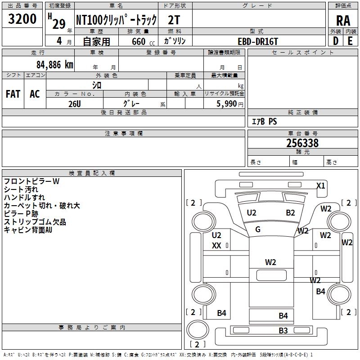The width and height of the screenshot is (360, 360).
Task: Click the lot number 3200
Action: [22, 19]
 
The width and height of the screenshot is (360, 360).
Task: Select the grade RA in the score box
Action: [343, 21]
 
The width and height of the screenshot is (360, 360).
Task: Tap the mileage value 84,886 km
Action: [55, 65]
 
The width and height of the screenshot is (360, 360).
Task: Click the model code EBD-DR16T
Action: [258, 41]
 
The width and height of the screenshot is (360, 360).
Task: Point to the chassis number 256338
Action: [302, 143]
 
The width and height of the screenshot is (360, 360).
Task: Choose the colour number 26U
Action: [75, 104]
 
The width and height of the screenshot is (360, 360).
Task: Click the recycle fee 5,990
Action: [227, 103]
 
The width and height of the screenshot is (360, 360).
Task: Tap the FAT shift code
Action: [13, 94]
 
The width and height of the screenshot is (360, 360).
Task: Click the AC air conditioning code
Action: [35, 94]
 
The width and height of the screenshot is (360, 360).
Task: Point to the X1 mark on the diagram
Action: [321, 185]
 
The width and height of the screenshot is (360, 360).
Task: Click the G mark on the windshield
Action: [258, 229]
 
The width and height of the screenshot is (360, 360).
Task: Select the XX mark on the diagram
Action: [216, 246]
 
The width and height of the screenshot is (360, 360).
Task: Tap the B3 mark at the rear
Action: [283, 331]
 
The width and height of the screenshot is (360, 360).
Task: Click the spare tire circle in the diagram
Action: [198, 330]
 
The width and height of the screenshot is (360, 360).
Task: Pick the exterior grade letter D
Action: [336, 41]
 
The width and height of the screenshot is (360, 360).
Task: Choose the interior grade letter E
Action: [350, 41]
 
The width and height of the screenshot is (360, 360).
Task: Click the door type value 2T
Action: [174, 20]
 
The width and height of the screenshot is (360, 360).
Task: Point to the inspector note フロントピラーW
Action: [31, 181]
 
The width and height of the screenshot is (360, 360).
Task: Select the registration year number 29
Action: [59, 24]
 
